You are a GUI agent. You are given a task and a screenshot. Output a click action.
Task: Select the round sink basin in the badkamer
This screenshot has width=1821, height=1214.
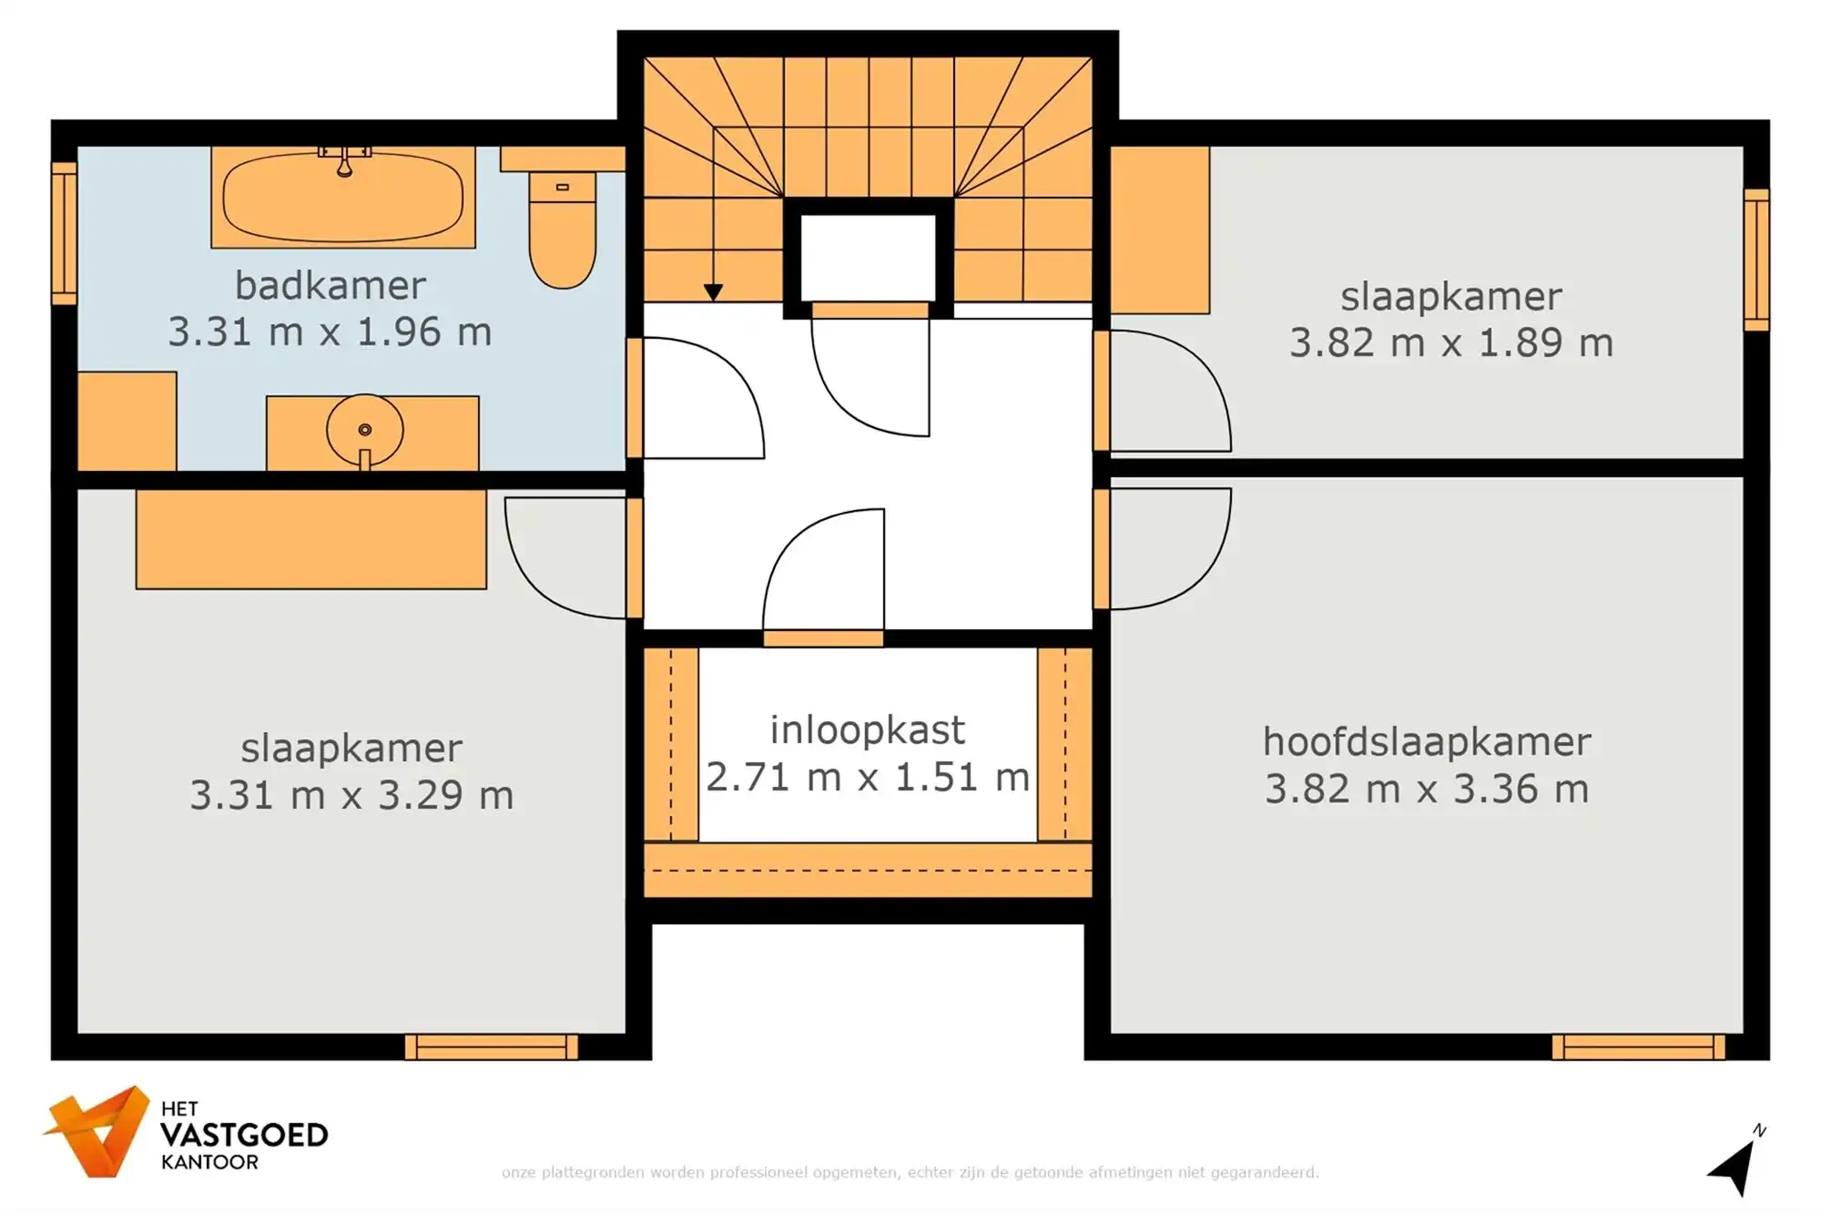click(364, 430)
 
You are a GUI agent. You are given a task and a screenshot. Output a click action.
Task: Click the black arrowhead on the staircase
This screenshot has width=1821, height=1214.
click(713, 292)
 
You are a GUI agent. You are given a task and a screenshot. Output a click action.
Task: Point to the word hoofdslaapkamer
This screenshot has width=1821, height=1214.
click(1426, 741)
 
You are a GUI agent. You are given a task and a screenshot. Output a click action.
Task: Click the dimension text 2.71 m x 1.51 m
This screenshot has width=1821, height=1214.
click(867, 777)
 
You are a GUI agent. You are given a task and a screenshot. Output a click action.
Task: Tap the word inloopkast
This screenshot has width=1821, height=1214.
click(867, 729)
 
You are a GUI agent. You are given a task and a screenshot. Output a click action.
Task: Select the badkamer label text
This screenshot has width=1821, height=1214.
click(330, 286)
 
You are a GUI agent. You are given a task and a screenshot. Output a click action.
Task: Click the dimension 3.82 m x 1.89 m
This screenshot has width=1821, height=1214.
click(1450, 343)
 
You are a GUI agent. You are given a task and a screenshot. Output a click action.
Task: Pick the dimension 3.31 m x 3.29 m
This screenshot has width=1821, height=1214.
click(351, 795)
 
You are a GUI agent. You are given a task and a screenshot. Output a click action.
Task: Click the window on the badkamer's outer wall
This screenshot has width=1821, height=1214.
click(64, 233)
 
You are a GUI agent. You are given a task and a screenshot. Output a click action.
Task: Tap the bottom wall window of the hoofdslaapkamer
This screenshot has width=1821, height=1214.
click(1638, 1046)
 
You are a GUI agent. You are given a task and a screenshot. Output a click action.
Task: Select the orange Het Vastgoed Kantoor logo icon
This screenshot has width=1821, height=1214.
click(98, 1132)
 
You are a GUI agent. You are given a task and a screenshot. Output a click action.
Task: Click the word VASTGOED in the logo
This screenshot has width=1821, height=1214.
click(243, 1135)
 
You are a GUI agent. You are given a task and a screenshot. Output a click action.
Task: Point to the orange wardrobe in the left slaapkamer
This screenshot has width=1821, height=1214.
click(310, 539)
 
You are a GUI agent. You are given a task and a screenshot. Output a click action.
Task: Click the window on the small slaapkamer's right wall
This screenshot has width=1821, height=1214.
click(1756, 260)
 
